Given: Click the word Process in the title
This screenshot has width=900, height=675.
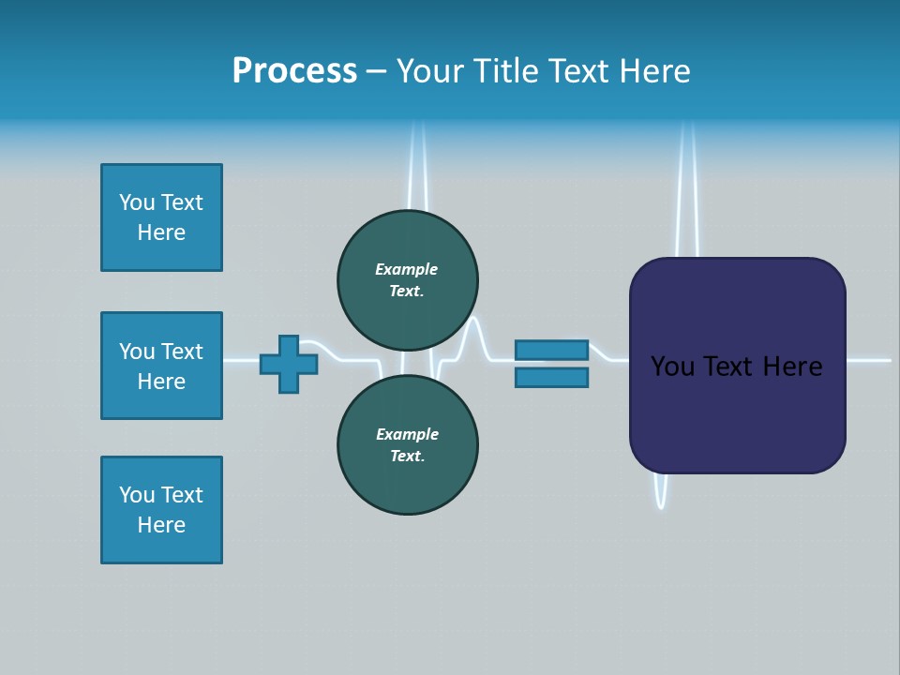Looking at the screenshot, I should point(294,71).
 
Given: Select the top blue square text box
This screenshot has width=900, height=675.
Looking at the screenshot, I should point(161,217).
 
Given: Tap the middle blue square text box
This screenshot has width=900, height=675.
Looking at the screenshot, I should point(161,366).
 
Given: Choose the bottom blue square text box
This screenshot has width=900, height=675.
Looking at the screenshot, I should point(161,510).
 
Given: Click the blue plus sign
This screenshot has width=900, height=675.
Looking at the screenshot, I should point(289,364).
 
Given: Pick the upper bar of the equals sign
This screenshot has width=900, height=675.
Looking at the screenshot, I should point(551,350).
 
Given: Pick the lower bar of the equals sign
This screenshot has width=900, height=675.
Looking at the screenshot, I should point(551,378).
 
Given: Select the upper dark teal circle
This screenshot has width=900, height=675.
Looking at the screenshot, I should point(407,279).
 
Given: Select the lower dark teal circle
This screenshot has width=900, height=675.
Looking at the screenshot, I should point(407,444).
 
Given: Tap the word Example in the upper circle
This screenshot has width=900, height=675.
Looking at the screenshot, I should point(407,269).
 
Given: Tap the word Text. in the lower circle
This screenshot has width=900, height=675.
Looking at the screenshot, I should point(407,457).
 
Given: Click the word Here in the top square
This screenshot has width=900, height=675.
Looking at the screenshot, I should point(161,232).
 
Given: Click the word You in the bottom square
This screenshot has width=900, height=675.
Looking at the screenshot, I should point(137,495).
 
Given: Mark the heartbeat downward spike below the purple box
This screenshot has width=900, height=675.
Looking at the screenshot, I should point(661,492).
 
